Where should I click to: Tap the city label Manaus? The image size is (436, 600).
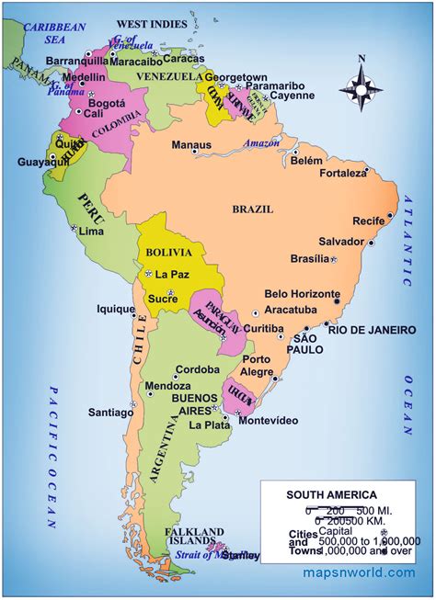[x=191, y=145]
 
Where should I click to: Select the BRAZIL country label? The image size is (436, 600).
[x=252, y=209]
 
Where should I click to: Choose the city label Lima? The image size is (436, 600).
[x=91, y=232]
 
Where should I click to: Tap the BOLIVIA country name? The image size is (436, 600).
[x=168, y=252]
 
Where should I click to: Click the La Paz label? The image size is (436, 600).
[x=172, y=274]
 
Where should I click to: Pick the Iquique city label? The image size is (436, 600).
[x=116, y=310]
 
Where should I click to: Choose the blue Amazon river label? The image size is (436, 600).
[x=261, y=142]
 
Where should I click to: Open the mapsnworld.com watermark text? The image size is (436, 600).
[x=360, y=572]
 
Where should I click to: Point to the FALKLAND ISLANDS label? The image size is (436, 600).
[x=194, y=537]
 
